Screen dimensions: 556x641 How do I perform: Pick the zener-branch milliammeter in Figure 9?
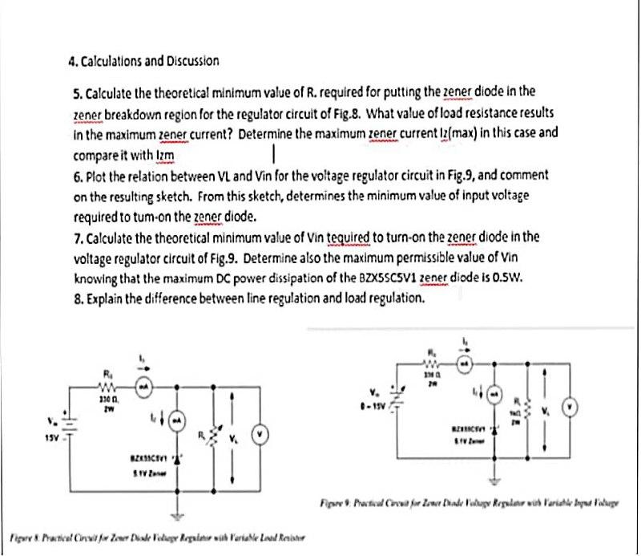(494, 396)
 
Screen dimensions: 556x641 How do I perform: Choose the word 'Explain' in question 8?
(105, 298)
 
